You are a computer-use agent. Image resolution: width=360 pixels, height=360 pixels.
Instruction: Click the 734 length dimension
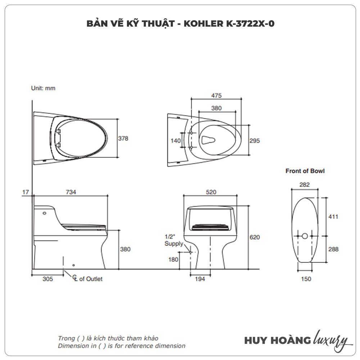71,192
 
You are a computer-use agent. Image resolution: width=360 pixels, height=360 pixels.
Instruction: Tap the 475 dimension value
216,95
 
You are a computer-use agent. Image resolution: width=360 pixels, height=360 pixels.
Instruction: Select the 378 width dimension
123,138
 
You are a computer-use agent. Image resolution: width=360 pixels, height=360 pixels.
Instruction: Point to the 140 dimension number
175,141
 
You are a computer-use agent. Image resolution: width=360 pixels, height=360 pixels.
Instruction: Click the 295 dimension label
254,141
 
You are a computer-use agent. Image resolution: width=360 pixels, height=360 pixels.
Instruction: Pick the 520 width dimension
211,192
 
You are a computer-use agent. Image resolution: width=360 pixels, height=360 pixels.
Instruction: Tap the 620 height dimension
254,237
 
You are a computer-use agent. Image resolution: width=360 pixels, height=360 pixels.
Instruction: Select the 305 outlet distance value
48,279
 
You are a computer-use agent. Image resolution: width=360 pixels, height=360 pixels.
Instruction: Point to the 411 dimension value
333,217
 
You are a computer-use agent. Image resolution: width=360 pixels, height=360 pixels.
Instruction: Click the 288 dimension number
333,249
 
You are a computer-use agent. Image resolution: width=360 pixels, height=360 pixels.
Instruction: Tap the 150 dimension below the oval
306,279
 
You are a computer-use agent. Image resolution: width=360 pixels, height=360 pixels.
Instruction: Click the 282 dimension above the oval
305,185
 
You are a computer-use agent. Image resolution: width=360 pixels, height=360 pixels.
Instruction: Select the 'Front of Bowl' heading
305,171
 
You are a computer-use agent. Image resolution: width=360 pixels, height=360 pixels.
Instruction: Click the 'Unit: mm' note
43,88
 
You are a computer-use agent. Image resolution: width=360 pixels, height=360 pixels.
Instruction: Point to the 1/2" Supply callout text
172,240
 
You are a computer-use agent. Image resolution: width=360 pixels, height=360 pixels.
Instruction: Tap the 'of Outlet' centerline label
90,279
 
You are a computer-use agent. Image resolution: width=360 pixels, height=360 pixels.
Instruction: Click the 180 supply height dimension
173,259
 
